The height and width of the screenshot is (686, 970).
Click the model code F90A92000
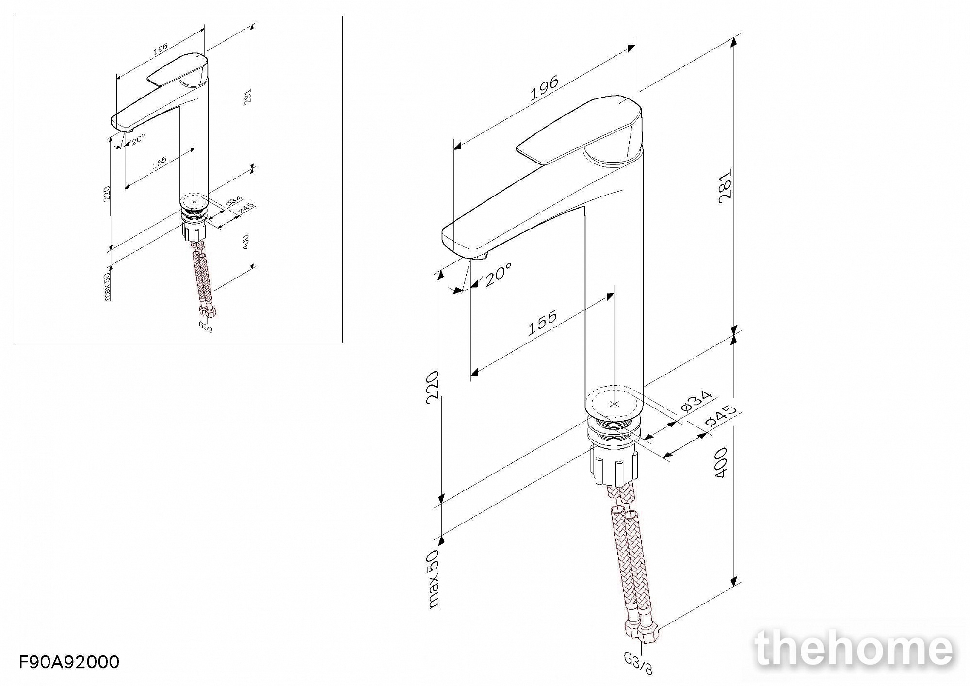(x=69, y=662)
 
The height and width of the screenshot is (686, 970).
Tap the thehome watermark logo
(x=854, y=648)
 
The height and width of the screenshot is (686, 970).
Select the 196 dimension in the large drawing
(x=544, y=88)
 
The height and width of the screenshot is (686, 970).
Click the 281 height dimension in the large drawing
(x=725, y=186)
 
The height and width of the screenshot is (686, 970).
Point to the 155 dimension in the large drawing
(x=542, y=323)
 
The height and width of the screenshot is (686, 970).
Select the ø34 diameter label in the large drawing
(x=696, y=401)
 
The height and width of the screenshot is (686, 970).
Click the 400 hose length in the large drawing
(x=721, y=462)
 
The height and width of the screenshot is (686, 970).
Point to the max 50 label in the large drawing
(x=433, y=578)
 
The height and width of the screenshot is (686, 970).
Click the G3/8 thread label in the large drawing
(x=638, y=663)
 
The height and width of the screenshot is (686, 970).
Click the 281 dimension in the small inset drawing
(x=248, y=97)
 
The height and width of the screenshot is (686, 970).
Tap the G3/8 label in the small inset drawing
(x=206, y=327)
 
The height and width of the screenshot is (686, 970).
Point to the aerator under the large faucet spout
(x=482, y=256)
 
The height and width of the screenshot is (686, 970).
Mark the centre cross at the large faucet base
(x=614, y=404)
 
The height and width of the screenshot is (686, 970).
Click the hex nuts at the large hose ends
(x=640, y=633)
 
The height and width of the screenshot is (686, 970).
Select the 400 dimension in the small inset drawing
(x=245, y=242)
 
